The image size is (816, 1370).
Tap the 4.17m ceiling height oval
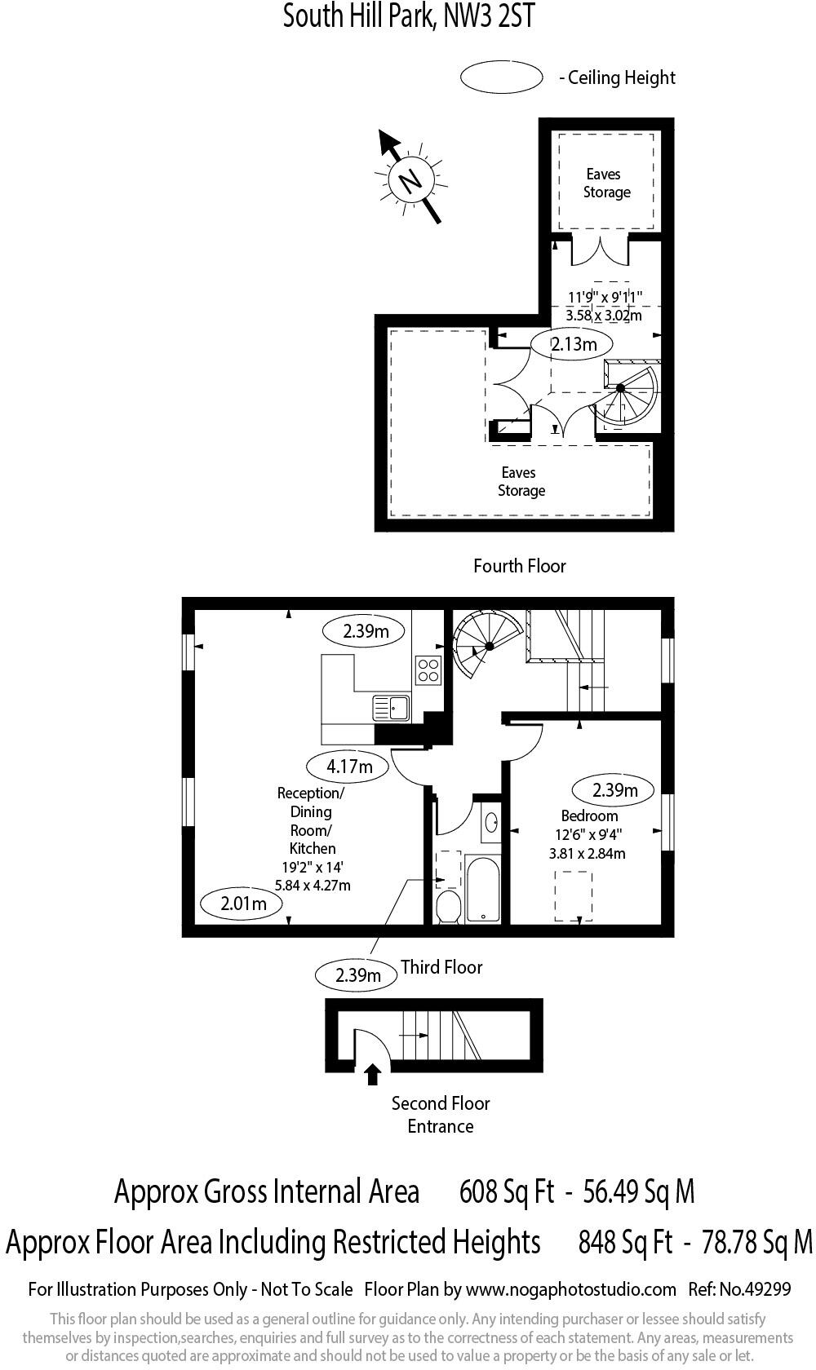click(x=349, y=767)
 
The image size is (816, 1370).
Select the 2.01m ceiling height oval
click(x=242, y=904)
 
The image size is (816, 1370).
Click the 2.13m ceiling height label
click(x=574, y=344)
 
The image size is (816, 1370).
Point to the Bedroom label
click(x=589, y=816)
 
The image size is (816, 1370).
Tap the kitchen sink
click(x=392, y=707)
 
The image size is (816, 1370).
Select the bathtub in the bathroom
click(x=483, y=888)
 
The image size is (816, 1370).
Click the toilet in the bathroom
click(x=448, y=906)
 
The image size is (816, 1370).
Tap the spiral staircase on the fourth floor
click(x=623, y=395)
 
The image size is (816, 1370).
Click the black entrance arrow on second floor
click(x=372, y=1074)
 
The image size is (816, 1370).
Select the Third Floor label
click(x=441, y=967)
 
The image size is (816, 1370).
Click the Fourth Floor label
click(x=520, y=566)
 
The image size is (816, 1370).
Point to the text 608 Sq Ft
click(x=507, y=1192)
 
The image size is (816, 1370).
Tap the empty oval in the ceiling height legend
click(x=502, y=77)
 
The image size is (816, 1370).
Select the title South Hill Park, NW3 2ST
click(x=408, y=16)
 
